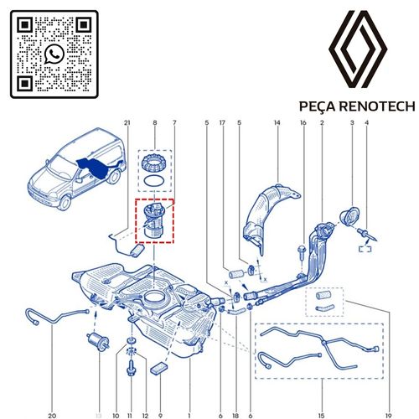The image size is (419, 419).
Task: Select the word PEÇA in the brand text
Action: [318, 107]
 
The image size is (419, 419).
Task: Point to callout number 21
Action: [127, 125]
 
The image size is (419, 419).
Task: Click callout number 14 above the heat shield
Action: [277, 125]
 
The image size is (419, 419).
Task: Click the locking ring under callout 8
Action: [155, 163]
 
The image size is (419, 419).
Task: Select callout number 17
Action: [223, 125]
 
